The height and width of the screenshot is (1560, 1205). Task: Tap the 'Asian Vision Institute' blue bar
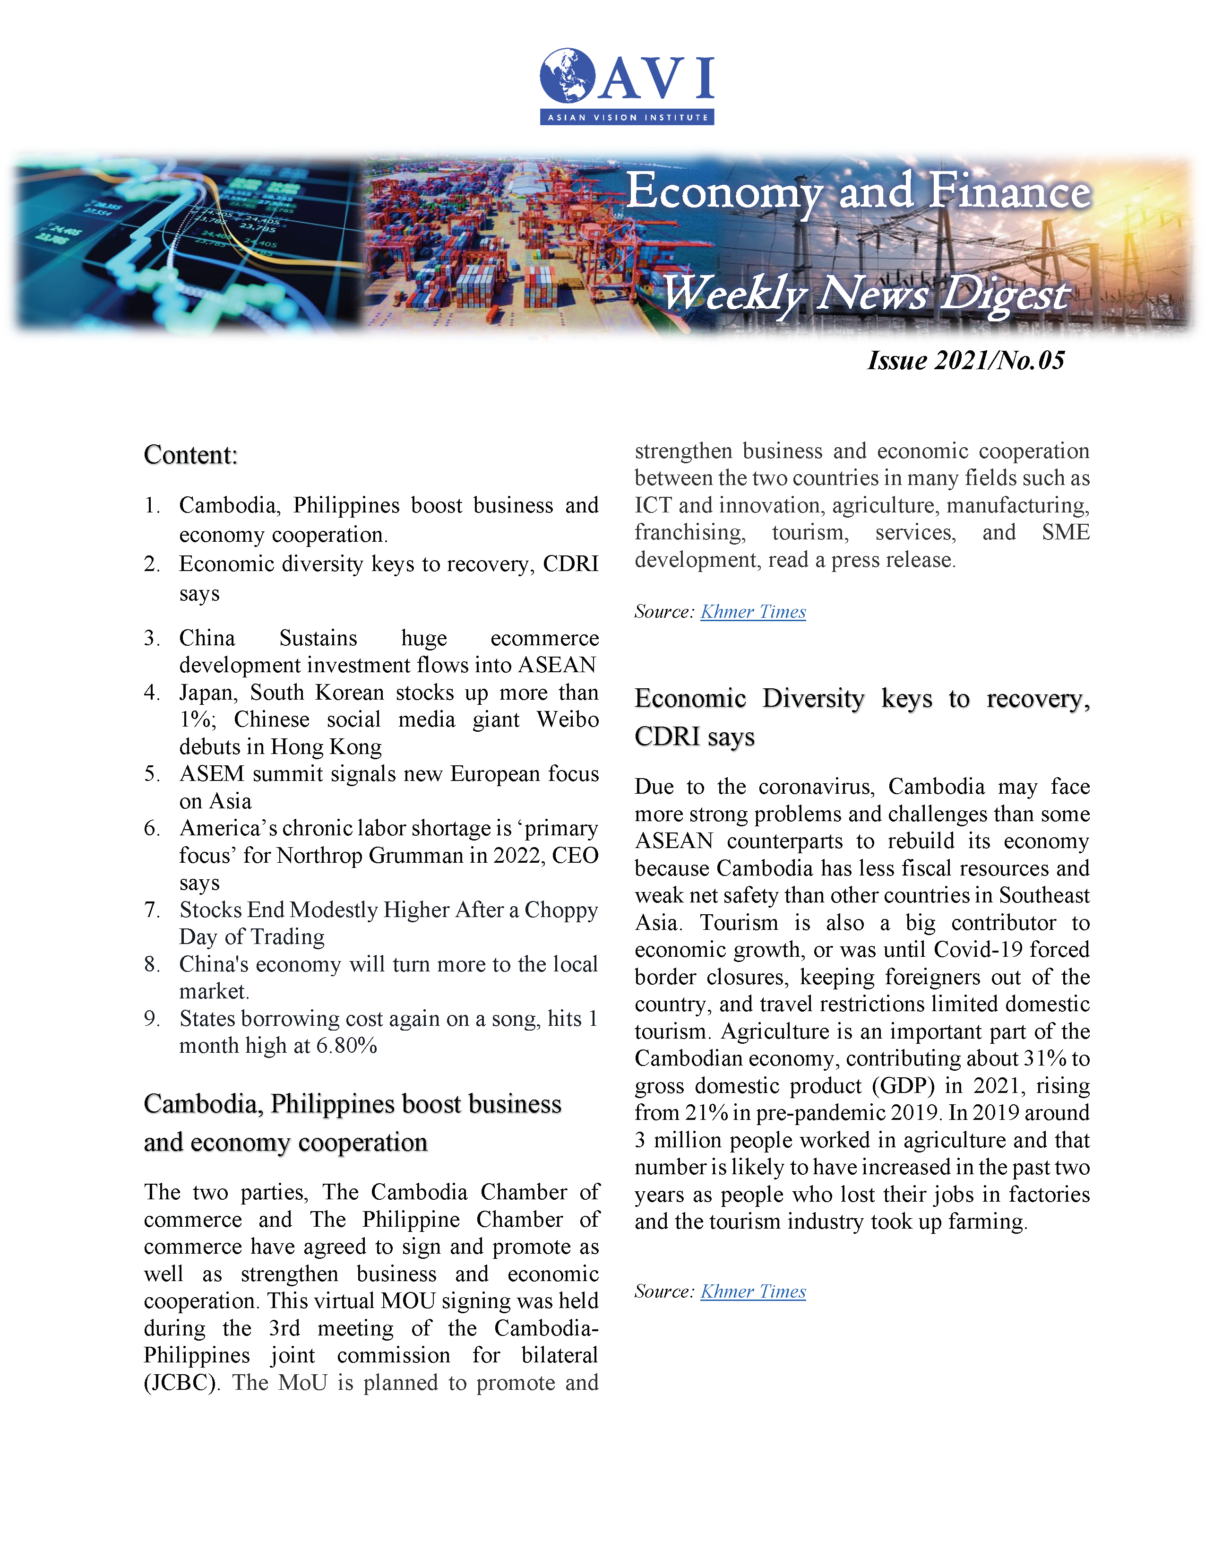[627, 117]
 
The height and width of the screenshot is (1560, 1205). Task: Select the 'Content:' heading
[190, 455]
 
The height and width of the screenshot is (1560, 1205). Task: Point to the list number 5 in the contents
[151, 773]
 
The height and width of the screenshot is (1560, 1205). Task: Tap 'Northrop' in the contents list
[319, 855]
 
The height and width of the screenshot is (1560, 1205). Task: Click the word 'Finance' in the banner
[1009, 191]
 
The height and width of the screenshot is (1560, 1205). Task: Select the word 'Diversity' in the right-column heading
[813, 698]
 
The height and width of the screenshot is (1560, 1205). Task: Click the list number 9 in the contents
[151, 1019]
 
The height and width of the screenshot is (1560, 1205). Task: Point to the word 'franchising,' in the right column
[689, 532]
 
